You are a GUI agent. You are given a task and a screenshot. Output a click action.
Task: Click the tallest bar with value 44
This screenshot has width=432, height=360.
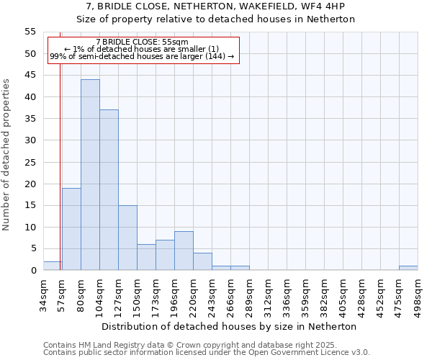pos(90,175)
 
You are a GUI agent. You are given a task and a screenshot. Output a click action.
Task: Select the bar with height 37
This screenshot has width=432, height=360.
pos(109,190)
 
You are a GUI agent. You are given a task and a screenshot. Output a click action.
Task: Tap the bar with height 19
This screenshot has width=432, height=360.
pos(71,229)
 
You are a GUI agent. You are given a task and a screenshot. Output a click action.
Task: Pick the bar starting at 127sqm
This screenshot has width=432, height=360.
pos(127,238)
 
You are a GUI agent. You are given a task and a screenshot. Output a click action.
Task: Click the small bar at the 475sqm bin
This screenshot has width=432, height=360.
pos(408,268)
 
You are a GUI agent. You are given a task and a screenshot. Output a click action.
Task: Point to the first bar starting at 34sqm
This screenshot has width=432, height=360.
pos(53,266)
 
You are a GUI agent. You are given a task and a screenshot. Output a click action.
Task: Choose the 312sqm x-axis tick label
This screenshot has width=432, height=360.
pos(268,293)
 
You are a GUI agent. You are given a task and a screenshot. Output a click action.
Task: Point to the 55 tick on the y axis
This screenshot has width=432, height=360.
pos(30,32)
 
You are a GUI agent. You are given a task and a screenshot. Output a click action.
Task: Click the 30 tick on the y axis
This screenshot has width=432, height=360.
pos(30,140)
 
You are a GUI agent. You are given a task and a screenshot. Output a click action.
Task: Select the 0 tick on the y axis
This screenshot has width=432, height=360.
pos(33,271)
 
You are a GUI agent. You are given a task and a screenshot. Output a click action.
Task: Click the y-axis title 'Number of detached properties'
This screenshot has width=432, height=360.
pos(7,154)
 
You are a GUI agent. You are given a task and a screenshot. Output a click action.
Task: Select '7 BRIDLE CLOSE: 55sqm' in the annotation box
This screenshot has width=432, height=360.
pos(142,42)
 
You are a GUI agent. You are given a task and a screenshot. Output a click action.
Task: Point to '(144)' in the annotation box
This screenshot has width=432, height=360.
pos(217,56)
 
